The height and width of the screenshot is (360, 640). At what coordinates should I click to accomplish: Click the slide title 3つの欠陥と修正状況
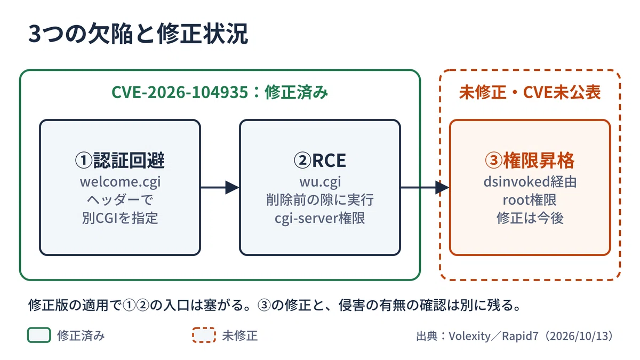click(138, 34)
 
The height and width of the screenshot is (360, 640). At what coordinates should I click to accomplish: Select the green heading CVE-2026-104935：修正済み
click(219, 92)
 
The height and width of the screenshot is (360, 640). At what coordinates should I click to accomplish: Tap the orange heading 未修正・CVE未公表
click(530, 92)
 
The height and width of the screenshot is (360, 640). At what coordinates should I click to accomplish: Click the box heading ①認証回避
click(119, 160)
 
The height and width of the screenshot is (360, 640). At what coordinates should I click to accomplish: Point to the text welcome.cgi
click(120, 182)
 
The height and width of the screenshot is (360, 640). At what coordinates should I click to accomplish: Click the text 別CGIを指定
click(120, 218)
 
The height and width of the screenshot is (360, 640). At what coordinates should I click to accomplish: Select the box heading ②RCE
click(319, 160)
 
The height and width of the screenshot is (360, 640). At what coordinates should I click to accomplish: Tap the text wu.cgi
click(320, 182)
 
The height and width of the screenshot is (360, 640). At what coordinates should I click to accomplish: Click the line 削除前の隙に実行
click(320, 199)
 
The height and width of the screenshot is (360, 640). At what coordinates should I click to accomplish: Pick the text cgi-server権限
click(319, 218)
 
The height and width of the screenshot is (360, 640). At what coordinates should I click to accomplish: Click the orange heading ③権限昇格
click(530, 160)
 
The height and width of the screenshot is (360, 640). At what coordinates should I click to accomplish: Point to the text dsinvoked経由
click(530, 182)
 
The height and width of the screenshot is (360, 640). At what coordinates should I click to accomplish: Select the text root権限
click(530, 200)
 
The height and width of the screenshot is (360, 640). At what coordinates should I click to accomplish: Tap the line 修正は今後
click(530, 218)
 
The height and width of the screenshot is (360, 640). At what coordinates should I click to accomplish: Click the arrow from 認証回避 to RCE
click(220, 187)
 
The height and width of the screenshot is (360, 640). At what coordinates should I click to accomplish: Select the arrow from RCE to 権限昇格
click(425, 187)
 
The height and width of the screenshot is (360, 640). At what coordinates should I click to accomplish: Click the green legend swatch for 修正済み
click(39, 335)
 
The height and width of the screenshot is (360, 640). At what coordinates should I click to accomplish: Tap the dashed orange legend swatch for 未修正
click(204, 335)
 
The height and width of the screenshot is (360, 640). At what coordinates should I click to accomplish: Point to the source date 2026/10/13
click(579, 336)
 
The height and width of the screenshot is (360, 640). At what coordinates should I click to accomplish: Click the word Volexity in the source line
click(470, 336)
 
